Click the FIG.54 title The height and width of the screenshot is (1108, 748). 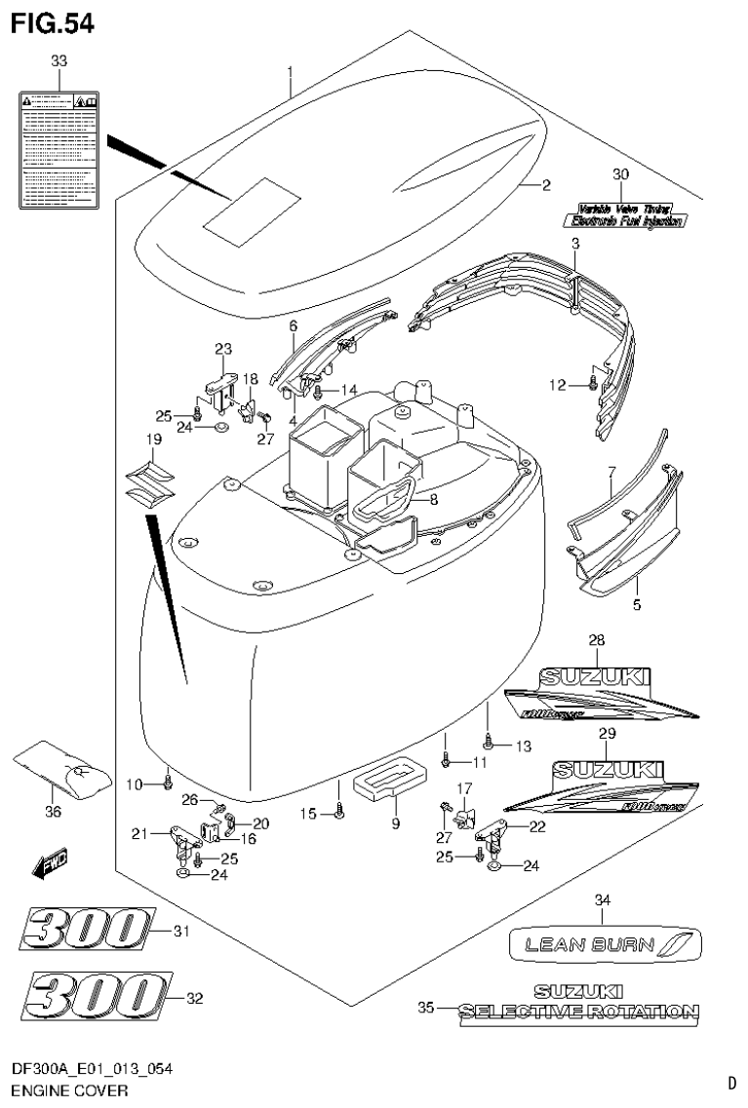pos(54,23)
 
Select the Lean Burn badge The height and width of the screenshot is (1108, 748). pos(606,943)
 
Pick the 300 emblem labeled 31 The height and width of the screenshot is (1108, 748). pos(87,931)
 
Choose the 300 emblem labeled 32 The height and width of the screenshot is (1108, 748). pos(96,997)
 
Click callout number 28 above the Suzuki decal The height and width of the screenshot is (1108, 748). pos(597,640)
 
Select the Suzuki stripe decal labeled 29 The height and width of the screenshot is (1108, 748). pos(601,784)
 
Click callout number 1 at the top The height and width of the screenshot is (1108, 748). pos(290,71)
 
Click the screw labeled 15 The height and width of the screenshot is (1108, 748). pos(338,813)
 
